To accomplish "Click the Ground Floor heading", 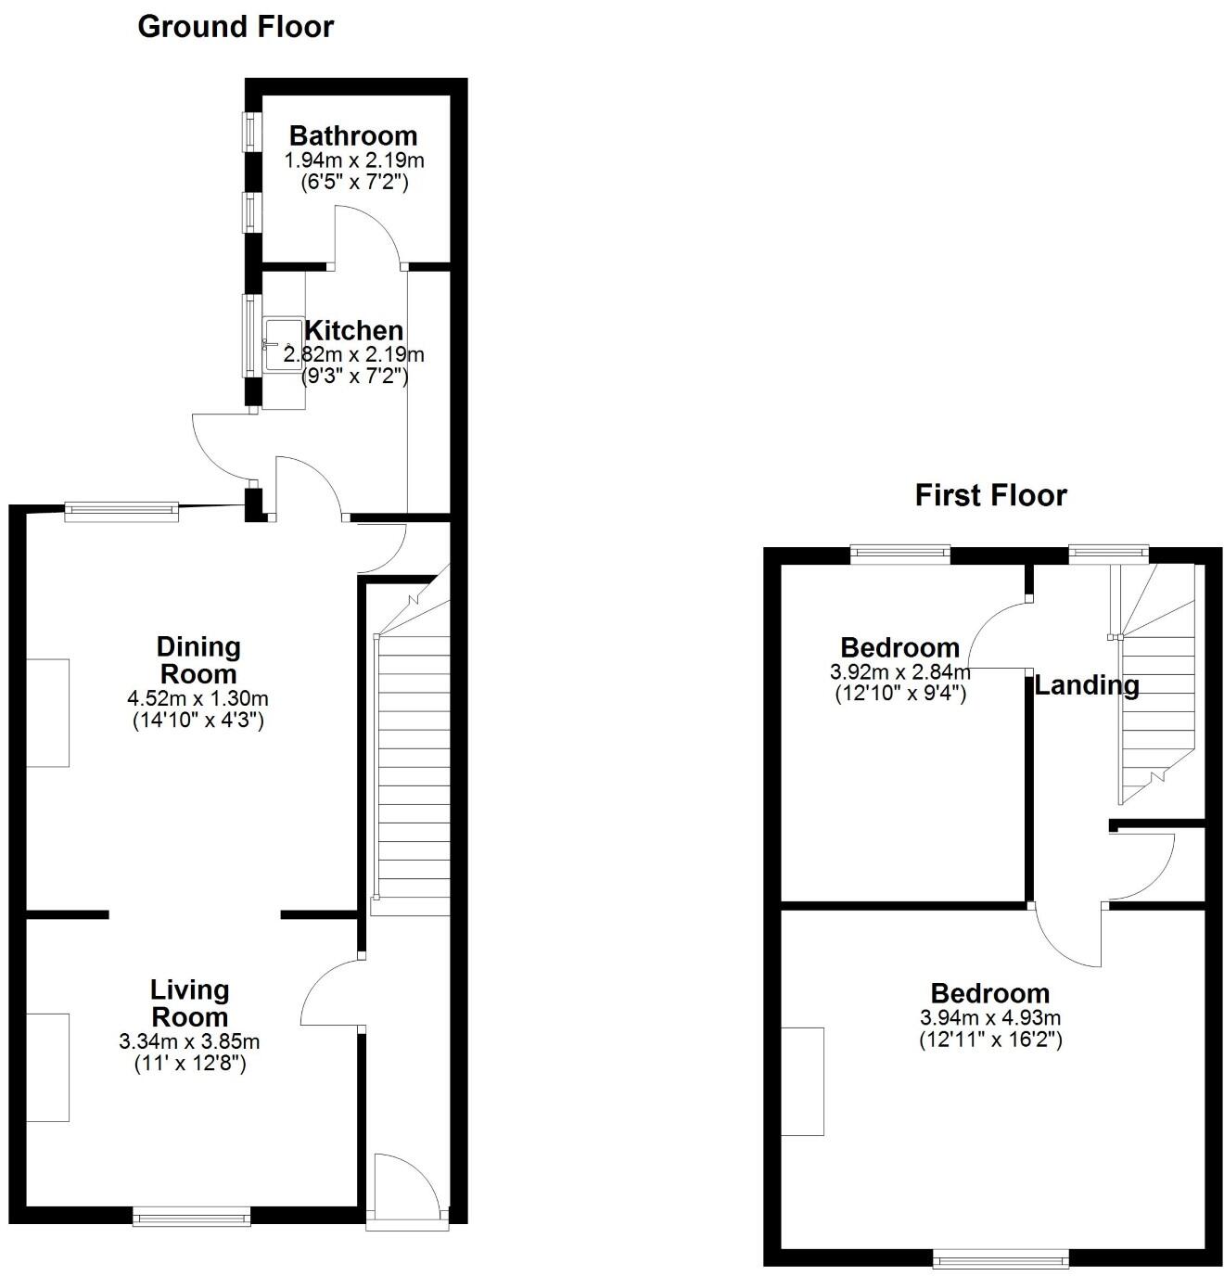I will (x=236, y=27).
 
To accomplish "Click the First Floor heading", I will (x=990, y=495).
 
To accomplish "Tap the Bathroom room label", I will (x=353, y=136).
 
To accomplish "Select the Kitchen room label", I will (x=354, y=330).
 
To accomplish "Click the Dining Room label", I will (x=198, y=660).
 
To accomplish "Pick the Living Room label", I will (x=190, y=1003).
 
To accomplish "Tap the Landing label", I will (x=1087, y=686).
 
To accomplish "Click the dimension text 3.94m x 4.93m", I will (x=990, y=1017).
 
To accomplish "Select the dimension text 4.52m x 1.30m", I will (x=198, y=699).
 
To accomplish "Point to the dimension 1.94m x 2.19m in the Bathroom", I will (x=353, y=160).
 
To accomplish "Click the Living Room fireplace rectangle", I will (x=47, y=1067).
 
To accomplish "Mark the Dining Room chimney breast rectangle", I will (x=47, y=713).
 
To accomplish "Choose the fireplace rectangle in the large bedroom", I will (x=802, y=1081).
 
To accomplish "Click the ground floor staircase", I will (x=411, y=760).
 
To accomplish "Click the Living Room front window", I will (x=191, y=1217).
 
